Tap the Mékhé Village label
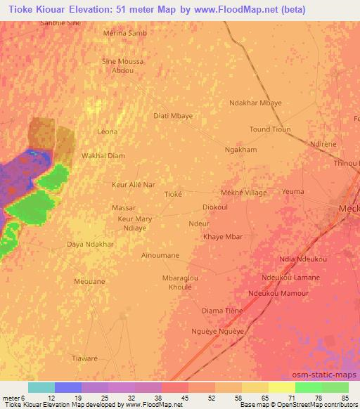click(244, 192)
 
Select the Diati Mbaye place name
click(173, 115)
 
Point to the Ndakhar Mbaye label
click(256, 103)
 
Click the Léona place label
click(108, 131)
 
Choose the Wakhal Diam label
click(103, 156)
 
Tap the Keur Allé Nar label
click(134, 185)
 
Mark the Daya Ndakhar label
click(89, 244)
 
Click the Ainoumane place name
click(160, 255)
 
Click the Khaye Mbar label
click(223, 237)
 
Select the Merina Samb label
click(125, 33)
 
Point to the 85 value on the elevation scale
click(344, 398)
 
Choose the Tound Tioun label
click(270, 129)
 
